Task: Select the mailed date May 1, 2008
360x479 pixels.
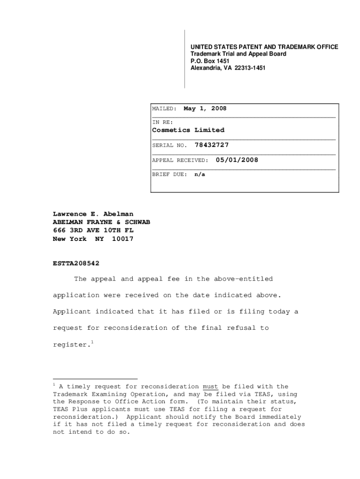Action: click(205, 109)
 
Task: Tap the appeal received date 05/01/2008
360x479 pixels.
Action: click(237, 160)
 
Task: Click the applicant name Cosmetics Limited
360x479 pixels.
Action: click(188, 130)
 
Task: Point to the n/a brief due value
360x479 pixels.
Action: click(200, 174)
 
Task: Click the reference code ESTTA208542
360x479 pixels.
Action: click(76, 263)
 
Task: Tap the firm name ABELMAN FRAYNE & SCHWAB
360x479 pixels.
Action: click(101, 222)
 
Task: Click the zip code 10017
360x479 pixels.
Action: click(122, 239)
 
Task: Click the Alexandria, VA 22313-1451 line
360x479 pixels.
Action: click(228, 68)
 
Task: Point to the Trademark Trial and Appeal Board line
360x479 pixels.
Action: click(238, 54)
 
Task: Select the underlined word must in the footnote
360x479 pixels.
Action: click(210, 386)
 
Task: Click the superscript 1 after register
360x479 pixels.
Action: click(93, 342)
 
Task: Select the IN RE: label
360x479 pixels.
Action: click(162, 123)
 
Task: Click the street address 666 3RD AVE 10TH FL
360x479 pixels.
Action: click(95, 230)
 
